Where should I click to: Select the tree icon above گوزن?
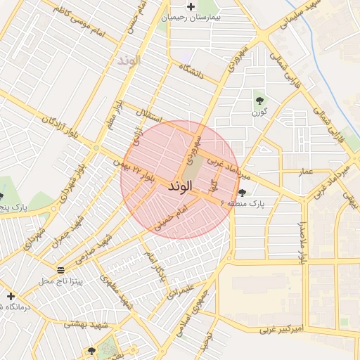pyautogui.click(x=259, y=101)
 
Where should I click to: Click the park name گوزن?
pyautogui.click(x=259, y=112)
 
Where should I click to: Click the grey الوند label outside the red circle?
pyautogui.click(x=129, y=60)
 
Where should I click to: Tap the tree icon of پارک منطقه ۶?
pyautogui.click(x=243, y=192)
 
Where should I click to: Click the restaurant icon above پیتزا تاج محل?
pyautogui.click(x=60, y=270)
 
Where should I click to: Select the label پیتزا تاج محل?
pyautogui.click(x=60, y=281)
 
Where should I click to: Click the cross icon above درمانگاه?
pyautogui.click(x=11, y=296)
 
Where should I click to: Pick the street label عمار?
pyautogui.click(x=306, y=171)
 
